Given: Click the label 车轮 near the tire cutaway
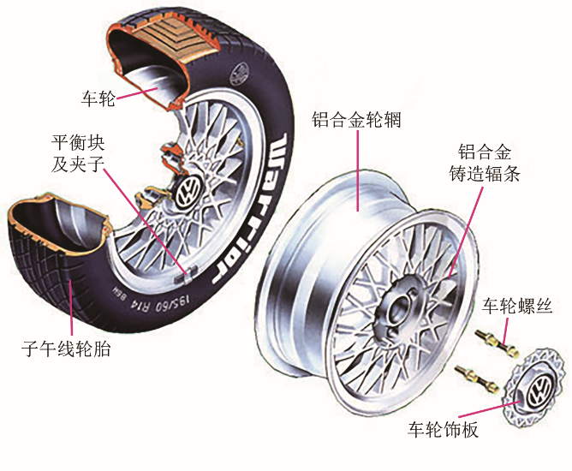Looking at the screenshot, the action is coord(98,98).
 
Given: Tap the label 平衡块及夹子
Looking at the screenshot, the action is coord(78,153).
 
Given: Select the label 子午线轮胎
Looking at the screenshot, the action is coord(66,349).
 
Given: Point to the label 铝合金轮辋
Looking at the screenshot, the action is coord(356,119).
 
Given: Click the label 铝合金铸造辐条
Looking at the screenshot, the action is coord(484,163).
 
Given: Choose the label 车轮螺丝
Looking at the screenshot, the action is coord(517,306).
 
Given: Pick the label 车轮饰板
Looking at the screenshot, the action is coord(443,429).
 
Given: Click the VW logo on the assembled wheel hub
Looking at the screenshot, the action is coord(188,191).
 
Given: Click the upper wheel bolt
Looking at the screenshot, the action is coord(497,343).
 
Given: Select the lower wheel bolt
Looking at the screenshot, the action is coord(476,379).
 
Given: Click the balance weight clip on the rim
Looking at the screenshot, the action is coord(186,277).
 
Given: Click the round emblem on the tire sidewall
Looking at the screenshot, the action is coord(239,74).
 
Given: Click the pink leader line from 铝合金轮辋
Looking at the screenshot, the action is coord(358,170).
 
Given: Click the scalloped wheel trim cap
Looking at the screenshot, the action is coord(533,389).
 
